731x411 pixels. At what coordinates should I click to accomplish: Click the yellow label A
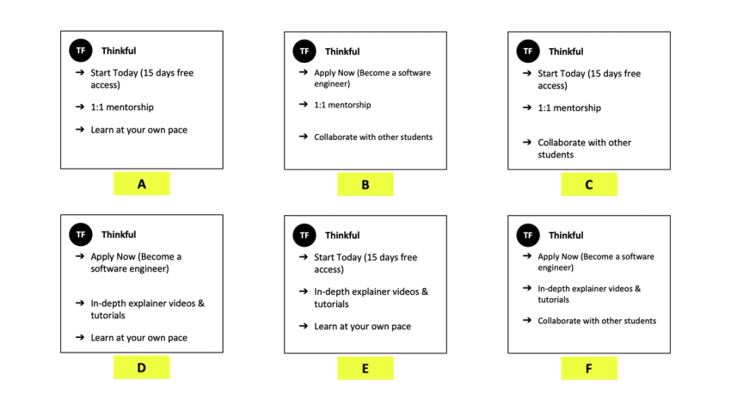(x=141, y=184)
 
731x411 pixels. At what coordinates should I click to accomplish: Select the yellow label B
(x=365, y=184)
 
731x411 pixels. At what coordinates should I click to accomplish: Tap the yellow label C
(x=589, y=184)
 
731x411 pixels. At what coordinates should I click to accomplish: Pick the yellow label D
(x=141, y=368)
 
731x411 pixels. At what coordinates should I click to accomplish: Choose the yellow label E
(x=365, y=368)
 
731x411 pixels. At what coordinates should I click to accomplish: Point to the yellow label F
(x=589, y=368)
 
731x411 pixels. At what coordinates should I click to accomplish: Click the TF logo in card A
(x=81, y=51)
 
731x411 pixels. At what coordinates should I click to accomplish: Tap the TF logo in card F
(x=528, y=235)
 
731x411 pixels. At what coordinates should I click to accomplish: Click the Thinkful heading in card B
(x=342, y=52)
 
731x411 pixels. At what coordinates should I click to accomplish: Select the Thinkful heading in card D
(x=119, y=235)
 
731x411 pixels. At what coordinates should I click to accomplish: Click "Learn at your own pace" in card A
(x=138, y=130)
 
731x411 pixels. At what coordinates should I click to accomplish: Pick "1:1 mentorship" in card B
(x=343, y=105)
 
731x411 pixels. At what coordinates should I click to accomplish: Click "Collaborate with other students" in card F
(x=597, y=321)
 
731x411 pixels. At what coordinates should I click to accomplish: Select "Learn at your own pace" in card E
(x=362, y=327)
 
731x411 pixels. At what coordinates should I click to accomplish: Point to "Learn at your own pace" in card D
(x=138, y=338)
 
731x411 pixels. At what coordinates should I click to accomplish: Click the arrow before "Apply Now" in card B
(x=304, y=73)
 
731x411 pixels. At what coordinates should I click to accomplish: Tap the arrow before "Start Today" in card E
(x=304, y=257)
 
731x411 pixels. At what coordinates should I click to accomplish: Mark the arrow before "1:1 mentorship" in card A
(x=80, y=107)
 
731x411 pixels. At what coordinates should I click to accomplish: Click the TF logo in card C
(x=528, y=51)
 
